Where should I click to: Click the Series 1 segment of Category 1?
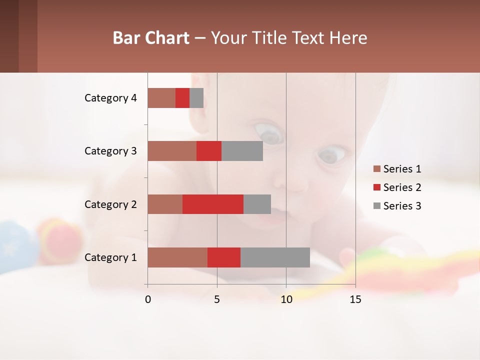click(177, 257)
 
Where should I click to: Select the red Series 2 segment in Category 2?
click(213, 204)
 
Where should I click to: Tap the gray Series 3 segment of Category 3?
click(242, 151)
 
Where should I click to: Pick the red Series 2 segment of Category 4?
click(182, 98)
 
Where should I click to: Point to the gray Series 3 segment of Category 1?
click(275, 257)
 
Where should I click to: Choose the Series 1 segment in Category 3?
click(172, 151)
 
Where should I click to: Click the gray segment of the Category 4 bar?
click(196, 98)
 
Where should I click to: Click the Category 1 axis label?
click(110, 257)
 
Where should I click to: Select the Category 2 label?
click(110, 204)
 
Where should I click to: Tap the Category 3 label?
click(110, 151)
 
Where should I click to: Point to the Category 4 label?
click(110, 98)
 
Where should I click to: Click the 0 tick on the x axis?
click(148, 299)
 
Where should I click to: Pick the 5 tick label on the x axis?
click(217, 299)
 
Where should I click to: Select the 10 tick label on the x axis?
click(286, 299)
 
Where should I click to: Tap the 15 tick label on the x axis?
click(355, 299)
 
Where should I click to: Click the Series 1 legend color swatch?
click(376, 169)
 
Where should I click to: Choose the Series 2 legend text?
click(402, 187)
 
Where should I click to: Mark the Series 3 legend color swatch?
click(376, 206)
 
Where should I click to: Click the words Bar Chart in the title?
click(151, 38)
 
